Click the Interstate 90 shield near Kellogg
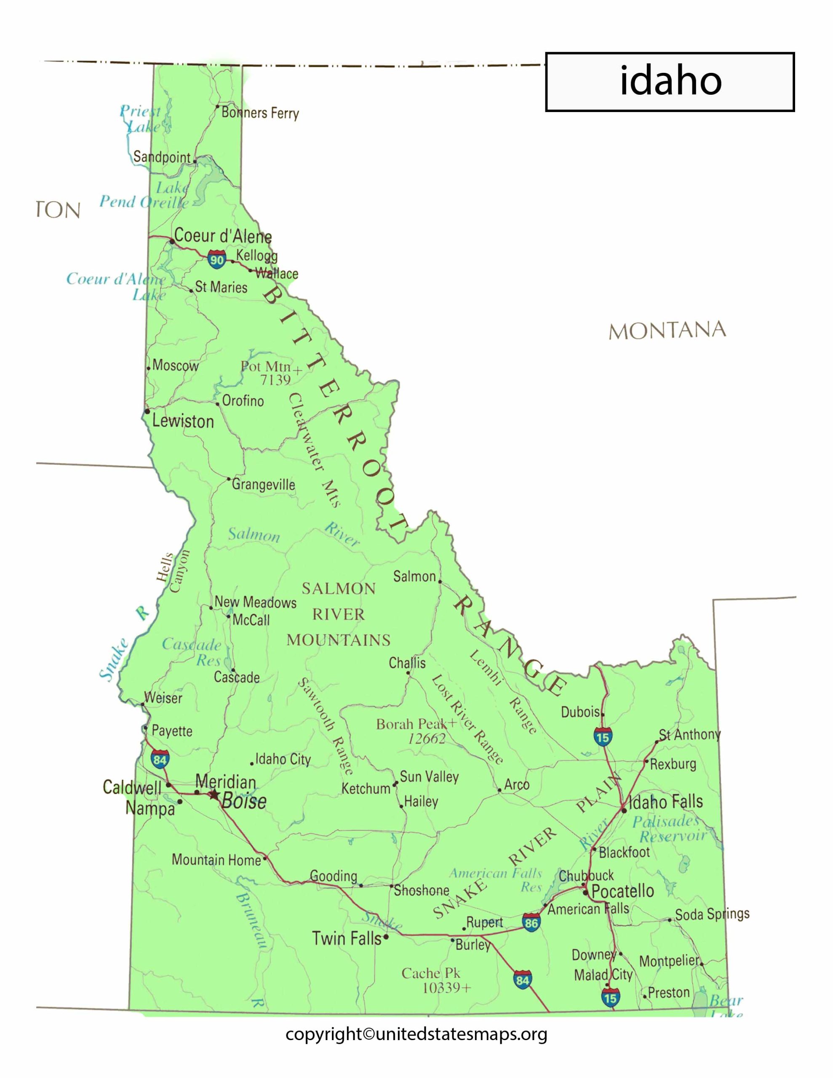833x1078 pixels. (217, 259)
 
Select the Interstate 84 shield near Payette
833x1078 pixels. (160, 759)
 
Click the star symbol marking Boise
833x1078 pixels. (214, 795)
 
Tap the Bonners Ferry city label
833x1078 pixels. (260, 113)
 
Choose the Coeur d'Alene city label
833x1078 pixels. (223, 236)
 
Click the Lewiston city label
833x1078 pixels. (183, 421)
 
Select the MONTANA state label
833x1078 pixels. (667, 331)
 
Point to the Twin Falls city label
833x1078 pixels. (347, 938)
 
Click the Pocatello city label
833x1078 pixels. (623, 891)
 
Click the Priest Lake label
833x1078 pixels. (142, 119)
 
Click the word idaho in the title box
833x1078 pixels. (670, 81)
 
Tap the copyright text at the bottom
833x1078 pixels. (416, 1035)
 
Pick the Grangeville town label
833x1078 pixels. (263, 484)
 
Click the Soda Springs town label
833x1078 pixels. (712, 914)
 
